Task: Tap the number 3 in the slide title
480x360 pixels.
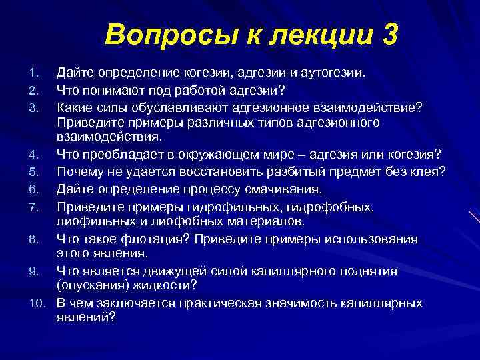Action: click(387, 35)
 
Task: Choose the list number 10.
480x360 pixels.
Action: click(37, 303)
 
